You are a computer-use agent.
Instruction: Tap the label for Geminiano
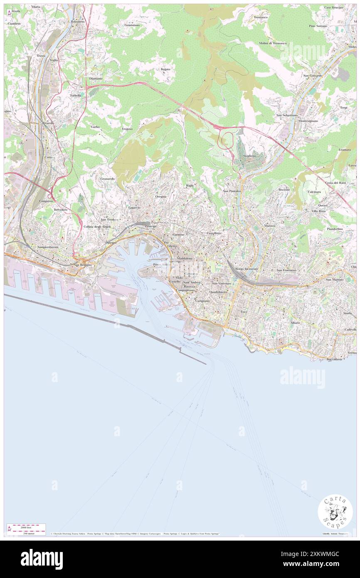132,25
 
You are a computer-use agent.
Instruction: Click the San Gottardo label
313,76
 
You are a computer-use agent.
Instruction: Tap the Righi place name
190,185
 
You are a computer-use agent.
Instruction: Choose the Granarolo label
107,178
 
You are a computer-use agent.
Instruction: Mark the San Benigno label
82,264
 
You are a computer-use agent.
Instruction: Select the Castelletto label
214,234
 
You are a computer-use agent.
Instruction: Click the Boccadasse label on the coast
334,359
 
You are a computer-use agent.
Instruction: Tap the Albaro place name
295,323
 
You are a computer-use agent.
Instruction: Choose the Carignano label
203,301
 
